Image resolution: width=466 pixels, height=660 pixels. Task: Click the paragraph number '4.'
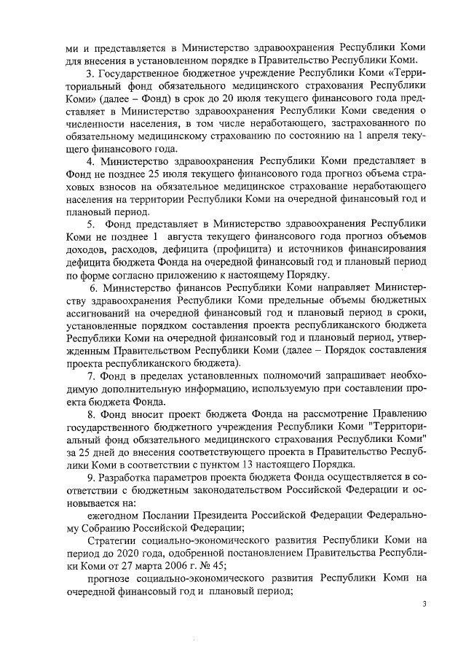tap(91, 160)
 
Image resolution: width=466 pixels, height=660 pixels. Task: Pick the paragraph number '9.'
tap(91, 476)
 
